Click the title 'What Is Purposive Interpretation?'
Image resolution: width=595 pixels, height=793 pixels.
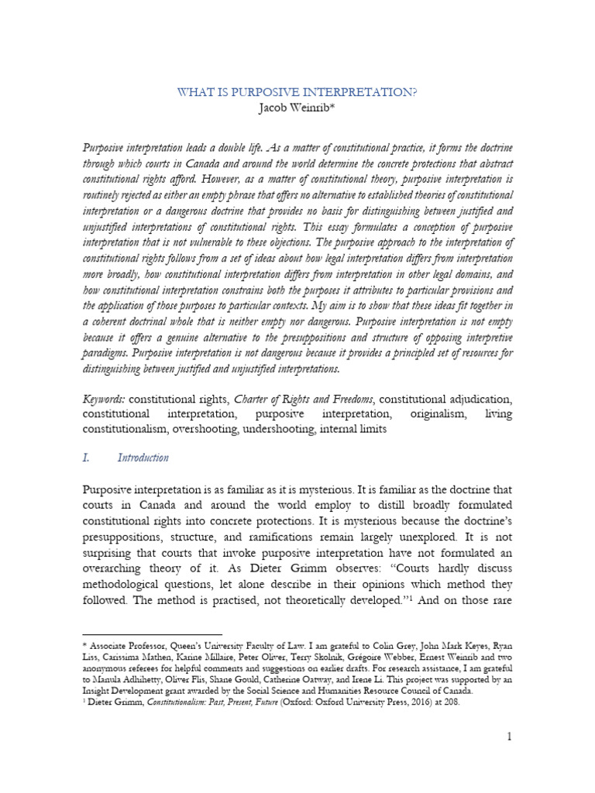297,92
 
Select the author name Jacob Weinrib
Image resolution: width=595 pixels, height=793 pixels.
297,108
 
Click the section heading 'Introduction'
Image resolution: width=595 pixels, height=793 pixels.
143,458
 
